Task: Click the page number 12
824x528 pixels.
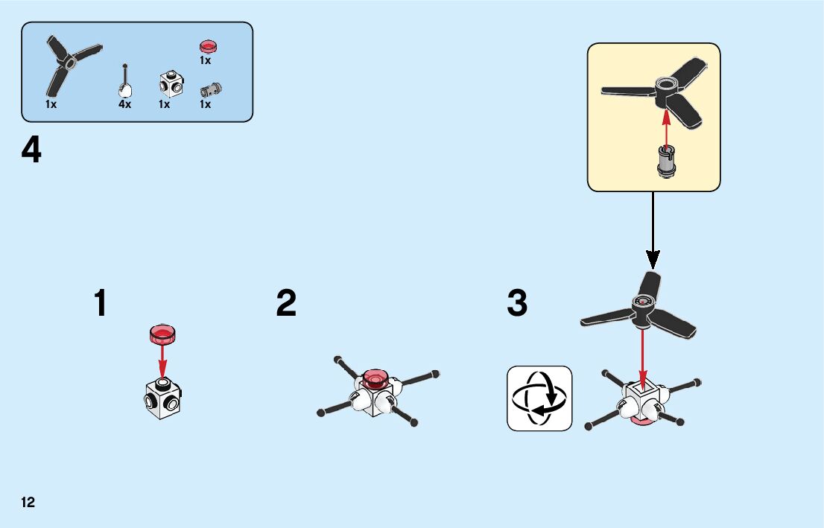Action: [x=28, y=502]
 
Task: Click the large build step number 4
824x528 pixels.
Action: [x=31, y=152]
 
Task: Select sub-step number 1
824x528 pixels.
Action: [x=100, y=304]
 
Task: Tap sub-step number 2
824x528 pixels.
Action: [x=286, y=304]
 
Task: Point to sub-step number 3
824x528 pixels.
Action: [x=517, y=304]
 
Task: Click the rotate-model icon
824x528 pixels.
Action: [x=539, y=398]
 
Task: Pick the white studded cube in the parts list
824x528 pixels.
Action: [x=171, y=83]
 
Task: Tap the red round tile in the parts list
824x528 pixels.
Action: [x=206, y=46]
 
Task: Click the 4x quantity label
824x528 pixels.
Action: [x=124, y=105]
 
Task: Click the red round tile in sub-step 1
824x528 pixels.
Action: [x=162, y=334]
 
